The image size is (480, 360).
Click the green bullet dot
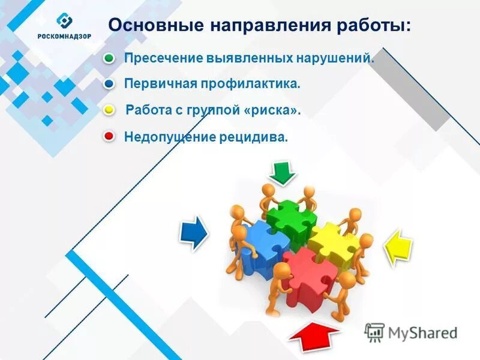109,59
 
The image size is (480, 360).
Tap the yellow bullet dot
109,111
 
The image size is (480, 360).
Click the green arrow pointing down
281,172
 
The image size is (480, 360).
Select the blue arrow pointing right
193,232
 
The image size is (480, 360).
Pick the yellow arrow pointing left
397,247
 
